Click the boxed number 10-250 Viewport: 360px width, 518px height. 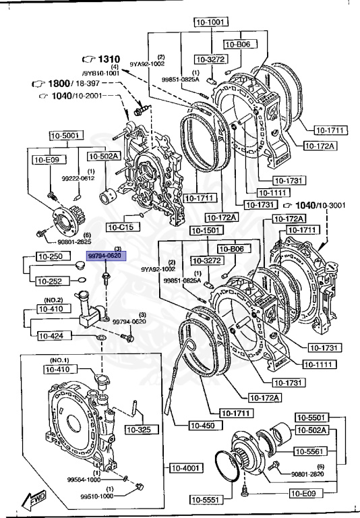click(x=49, y=257)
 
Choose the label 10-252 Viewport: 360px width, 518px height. click(x=49, y=281)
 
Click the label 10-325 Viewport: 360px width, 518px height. click(x=142, y=429)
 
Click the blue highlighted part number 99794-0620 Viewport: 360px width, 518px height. click(x=104, y=257)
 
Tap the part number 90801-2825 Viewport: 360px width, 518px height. click(x=75, y=241)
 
